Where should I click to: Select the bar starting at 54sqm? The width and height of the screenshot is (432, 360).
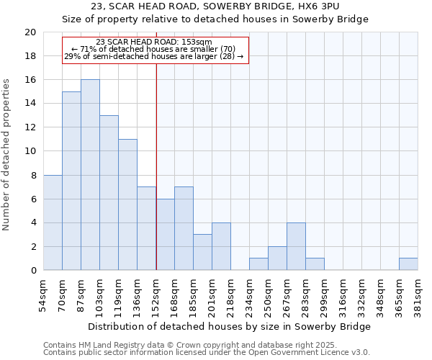coord(53,222)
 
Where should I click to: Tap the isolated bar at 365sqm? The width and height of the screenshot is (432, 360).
coord(408,264)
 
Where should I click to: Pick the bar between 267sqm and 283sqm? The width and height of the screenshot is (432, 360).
coord(296,246)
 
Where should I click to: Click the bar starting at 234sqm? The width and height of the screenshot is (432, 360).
coord(258,264)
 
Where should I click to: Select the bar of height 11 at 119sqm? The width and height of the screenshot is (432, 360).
coord(127,204)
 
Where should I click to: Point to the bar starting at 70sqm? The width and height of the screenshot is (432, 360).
coord(71,181)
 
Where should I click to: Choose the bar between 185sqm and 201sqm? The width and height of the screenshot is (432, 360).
coord(202,252)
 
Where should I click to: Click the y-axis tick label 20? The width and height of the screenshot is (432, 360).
coord(30,32)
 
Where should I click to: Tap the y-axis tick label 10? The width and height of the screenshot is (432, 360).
coord(30,151)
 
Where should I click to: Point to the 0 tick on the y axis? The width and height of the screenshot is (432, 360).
coord(33,271)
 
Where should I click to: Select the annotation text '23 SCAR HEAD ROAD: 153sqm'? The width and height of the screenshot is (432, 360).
coord(154,42)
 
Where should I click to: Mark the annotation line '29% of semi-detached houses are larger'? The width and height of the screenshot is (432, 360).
coord(154,56)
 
